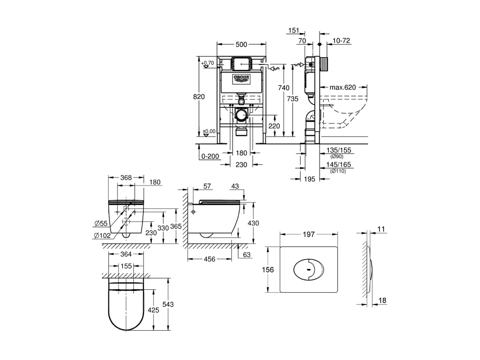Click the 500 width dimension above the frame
pyautogui.click(x=241, y=45)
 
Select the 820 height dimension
pyautogui.click(x=200, y=97)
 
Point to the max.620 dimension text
pyautogui.click(x=343, y=87)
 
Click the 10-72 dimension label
pyautogui.click(x=341, y=41)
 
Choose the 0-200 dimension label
pyautogui.click(x=210, y=156)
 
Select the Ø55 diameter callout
pyautogui.click(x=101, y=223)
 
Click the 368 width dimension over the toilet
pyautogui.click(x=126, y=177)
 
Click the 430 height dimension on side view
pyautogui.click(x=253, y=222)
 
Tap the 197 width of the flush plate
pyautogui.click(x=309, y=235)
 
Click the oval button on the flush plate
pyautogui.click(x=308, y=269)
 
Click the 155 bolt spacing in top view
pyautogui.click(x=126, y=266)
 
